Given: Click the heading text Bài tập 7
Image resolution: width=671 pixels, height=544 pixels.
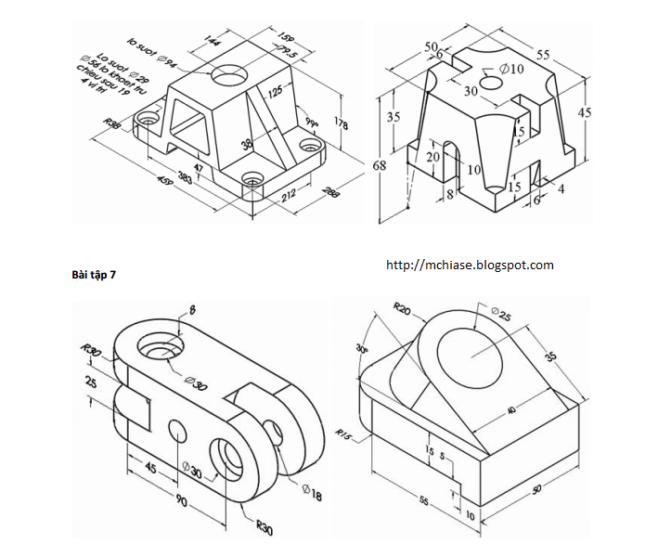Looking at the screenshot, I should click(93, 275).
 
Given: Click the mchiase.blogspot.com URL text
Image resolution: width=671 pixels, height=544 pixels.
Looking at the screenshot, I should click(469, 266).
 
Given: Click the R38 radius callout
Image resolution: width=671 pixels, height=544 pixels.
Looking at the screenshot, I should click(113, 123).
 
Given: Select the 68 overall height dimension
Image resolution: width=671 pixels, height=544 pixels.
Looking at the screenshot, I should click(380, 166).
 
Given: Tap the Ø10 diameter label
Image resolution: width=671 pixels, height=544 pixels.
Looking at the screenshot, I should click(511, 69).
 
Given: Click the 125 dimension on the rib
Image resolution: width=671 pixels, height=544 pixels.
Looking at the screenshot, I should click(275, 91).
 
